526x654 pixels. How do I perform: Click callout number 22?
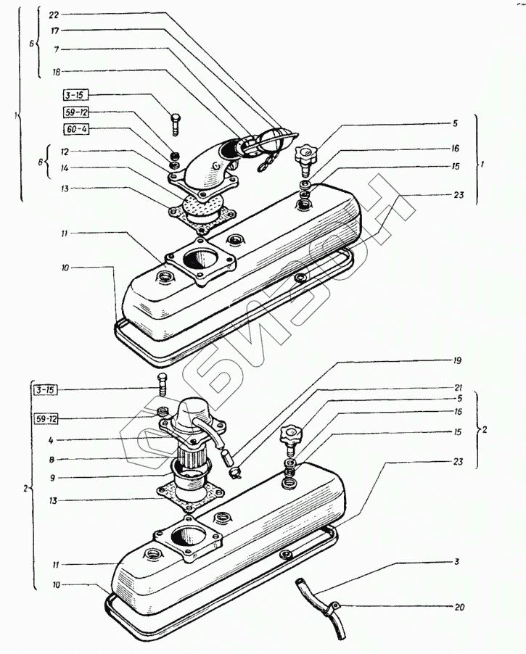tap(54, 15)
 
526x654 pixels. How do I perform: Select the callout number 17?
tap(54, 31)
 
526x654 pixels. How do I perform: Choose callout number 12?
tap(65, 153)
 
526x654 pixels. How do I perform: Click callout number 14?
tap(65, 167)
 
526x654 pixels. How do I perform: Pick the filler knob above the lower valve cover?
tap(289, 435)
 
